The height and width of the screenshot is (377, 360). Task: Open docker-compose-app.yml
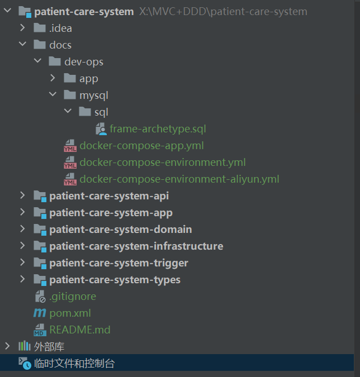[141, 146]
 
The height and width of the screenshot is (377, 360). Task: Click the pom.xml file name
[70, 313]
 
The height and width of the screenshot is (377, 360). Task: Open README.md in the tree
[79, 330]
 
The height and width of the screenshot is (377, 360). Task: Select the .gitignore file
[72, 297]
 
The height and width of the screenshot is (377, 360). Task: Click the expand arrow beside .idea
[22, 28]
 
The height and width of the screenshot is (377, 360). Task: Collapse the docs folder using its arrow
[22, 45]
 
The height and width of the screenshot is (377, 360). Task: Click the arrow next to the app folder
[53, 78]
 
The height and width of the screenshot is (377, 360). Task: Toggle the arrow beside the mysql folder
[53, 95]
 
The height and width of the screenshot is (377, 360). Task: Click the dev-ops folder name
[84, 62]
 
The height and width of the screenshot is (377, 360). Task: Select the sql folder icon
[85, 112]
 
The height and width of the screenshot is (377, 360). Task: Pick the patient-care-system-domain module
[120, 230]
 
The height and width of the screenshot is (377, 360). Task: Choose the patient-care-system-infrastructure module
[136, 246]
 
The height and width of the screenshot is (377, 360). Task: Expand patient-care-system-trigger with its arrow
[22, 263]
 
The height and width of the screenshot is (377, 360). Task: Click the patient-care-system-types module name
[115, 280]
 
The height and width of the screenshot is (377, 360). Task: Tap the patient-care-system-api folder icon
[40, 196]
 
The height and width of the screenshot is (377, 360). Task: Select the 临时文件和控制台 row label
[74, 364]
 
